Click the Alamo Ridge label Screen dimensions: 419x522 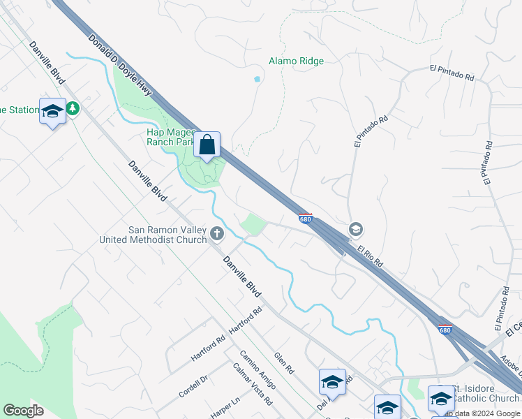pyautogui.click(x=296, y=61)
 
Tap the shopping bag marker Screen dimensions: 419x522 pyautogui.click(x=207, y=145)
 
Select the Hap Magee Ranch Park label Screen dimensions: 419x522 pyautogui.click(x=171, y=137)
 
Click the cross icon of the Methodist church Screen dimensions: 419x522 pyautogui.click(x=217, y=233)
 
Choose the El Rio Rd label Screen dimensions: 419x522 pyautogui.click(x=369, y=256)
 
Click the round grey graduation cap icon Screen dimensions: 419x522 pyautogui.click(x=355, y=229)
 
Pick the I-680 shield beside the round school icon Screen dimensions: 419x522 pyautogui.click(x=305, y=219)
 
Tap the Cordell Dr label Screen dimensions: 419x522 pyautogui.click(x=193, y=386)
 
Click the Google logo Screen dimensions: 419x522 pyautogui.click(x=24, y=411)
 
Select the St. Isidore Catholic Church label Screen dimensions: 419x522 pyautogui.click(x=484, y=394)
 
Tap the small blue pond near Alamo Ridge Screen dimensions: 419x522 pyautogui.click(x=258, y=80)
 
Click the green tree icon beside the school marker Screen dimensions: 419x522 pyautogui.click(x=73, y=108)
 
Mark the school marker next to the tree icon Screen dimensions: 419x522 pyautogui.click(x=53, y=111)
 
